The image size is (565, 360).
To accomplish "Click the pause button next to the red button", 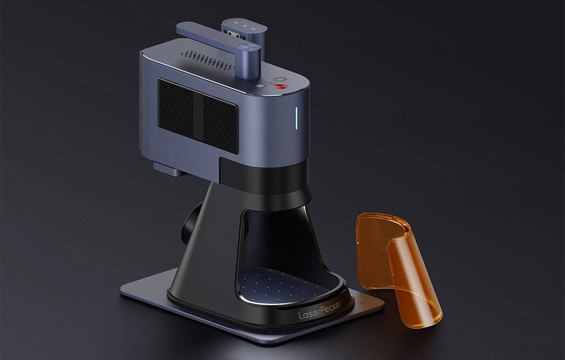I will coord(281,80).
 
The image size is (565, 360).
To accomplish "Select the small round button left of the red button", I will coord(260,86).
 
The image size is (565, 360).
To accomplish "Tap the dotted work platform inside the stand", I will coord(282,282).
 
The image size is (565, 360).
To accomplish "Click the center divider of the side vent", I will coord(199,116).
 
